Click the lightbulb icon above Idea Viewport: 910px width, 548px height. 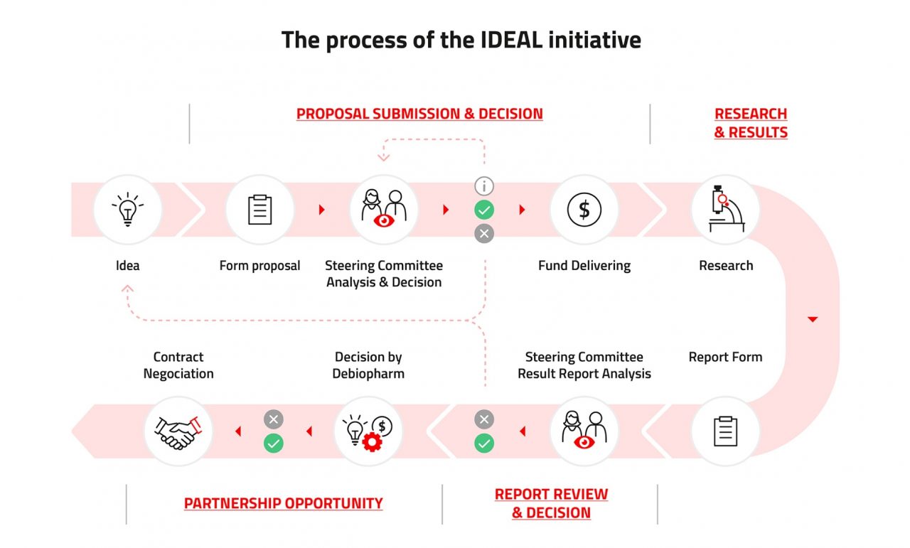(x=128, y=210)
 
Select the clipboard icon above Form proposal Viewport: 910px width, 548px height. (x=259, y=210)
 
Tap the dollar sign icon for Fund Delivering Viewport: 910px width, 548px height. (x=584, y=210)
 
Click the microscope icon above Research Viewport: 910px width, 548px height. (x=725, y=210)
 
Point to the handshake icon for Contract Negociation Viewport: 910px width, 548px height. (x=178, y=431)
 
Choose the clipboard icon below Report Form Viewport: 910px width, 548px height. (x=725, y=431)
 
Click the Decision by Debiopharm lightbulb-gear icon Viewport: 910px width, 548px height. (x=368, y=431)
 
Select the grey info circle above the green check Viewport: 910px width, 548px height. (x=484, y=187)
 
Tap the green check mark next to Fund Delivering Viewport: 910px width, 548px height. (x=484, y=210)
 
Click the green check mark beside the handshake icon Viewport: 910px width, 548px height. (x=274, y=444)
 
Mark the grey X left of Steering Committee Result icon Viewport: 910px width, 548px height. (x=484, y=419)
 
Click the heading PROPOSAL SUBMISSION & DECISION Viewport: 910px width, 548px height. (x=419, y=114)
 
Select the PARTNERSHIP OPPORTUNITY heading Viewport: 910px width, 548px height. (x=283, y=503)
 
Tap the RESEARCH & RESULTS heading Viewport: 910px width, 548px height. (x=751, y=123)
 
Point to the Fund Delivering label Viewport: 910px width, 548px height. (x=584, y=266)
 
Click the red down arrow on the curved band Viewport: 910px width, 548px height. (x=813, y=320)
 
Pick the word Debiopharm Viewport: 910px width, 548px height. (x=368, y=373)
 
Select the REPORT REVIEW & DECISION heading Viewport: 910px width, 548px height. (x=551, y=503)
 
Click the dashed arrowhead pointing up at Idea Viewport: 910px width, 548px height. (x=127, y=288)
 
